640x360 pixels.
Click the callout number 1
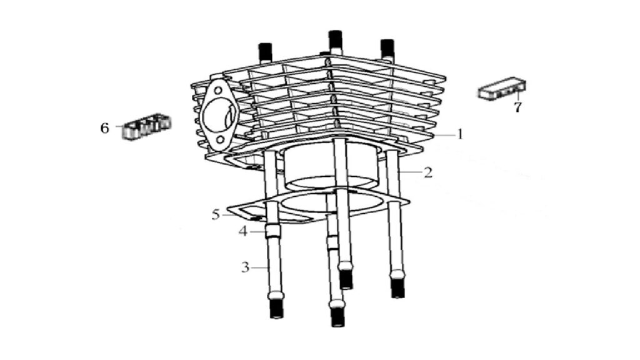click(x=460, y=134)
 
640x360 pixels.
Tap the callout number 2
click(x=427, y=172)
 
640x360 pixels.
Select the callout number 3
click(x=245, y=267)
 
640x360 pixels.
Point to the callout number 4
click(x=243, y=232)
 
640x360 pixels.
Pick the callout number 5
click(x=216, y=214)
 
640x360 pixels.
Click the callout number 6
click(x=105, y=128)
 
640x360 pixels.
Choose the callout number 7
click(x=517, y=107)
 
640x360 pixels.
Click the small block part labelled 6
click(x=147, y=127)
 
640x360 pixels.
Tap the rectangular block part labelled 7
click(x=502, y=88)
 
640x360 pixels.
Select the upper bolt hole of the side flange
click(x=219, y=90)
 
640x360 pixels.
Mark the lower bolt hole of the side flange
click(x=221, y=141)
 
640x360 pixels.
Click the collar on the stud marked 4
click(x=272, y=232)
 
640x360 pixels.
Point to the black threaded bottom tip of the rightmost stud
click(x=397, y=288)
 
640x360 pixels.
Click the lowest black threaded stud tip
click(x=337, y=317)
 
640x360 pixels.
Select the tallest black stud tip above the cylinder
click(x=335, y=39)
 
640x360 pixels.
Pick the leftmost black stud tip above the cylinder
click(x=265, y=51)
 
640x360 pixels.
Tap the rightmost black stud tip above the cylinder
click(x=387, y=48)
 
